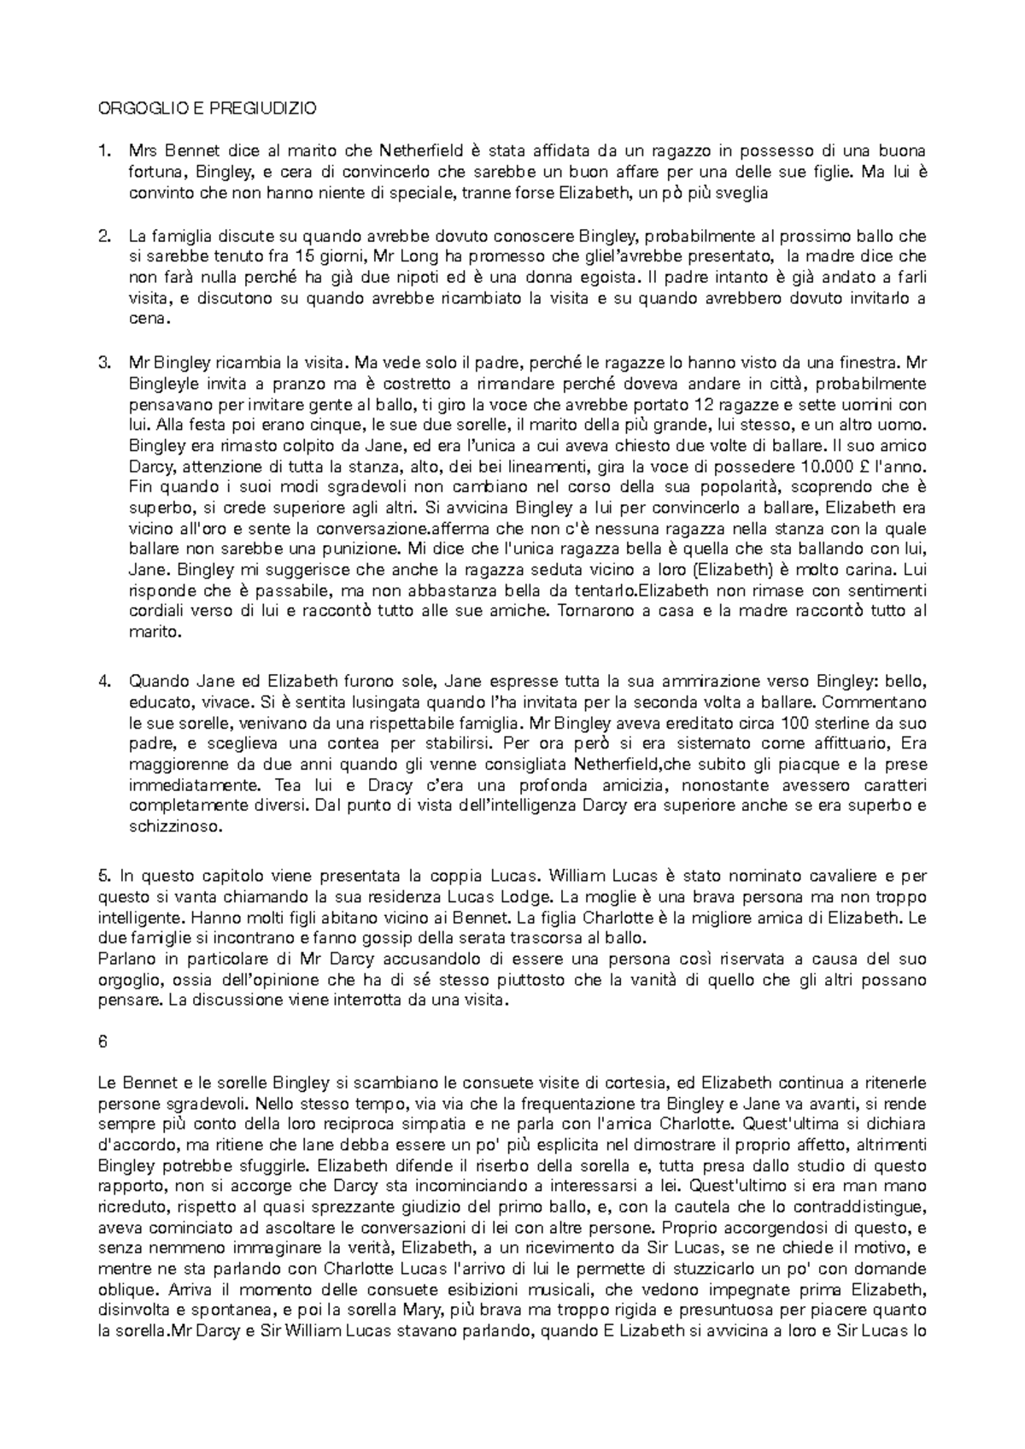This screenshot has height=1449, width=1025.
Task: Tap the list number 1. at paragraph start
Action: pyautogui.click(x=105, y=151)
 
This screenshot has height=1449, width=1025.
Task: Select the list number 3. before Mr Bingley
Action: pyautogui.click(x=105, y=363)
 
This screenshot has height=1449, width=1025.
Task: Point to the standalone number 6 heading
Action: pyautogui.click(x=102, y=1042)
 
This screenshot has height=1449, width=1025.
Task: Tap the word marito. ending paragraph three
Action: pyautogui.click(x=155, y=633)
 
